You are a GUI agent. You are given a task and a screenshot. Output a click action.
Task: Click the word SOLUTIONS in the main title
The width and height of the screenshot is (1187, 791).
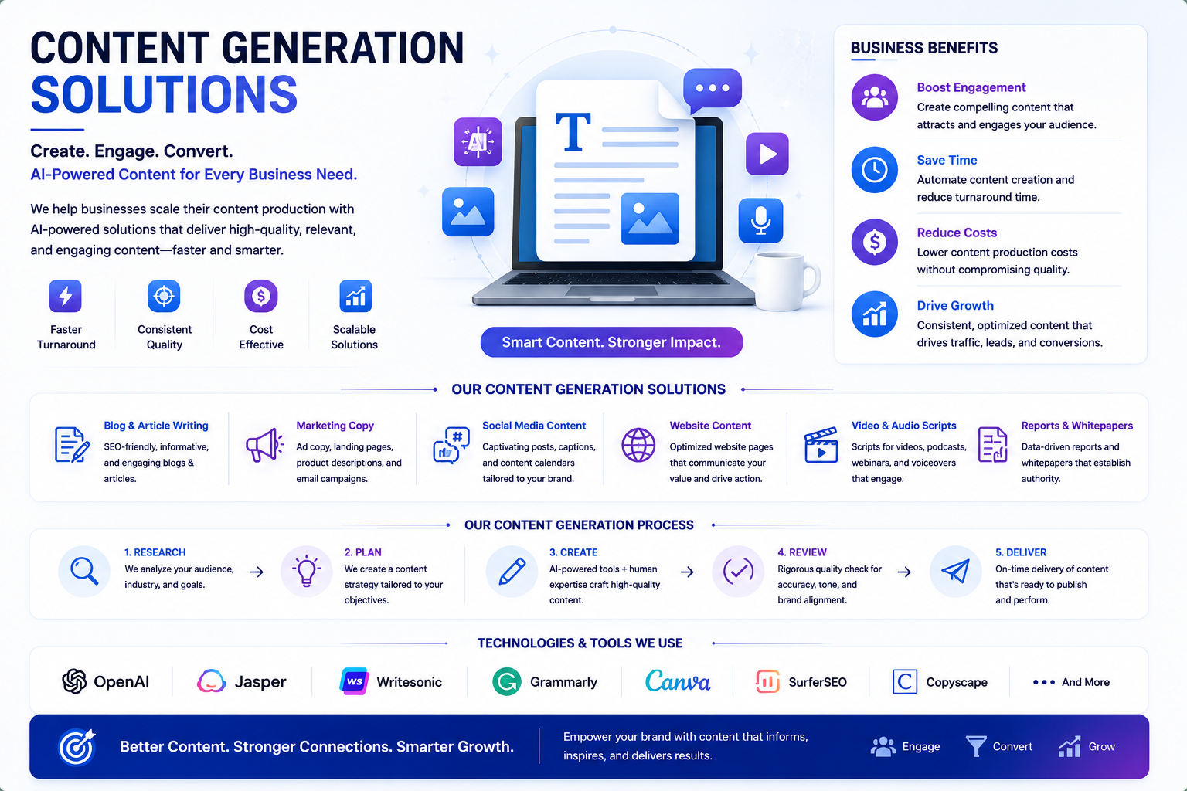pyautogui.click(x=164, y=95)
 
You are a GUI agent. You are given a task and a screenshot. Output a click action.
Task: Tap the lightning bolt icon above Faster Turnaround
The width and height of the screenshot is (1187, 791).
pyautogui.click(x=65, y=296)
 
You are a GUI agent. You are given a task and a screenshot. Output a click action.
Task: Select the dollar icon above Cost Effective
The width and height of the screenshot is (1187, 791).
pyautogui.click(x=260, y=296)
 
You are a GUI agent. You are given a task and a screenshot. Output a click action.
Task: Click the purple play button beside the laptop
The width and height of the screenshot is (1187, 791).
pyautogui.click(x=767, y=154)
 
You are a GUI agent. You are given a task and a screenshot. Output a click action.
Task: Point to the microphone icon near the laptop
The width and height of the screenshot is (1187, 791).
pyautogui.click(x=760, y=220)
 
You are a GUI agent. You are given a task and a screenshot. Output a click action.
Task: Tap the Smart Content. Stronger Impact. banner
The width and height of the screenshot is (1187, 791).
pyautogui.click(x=611, y=342)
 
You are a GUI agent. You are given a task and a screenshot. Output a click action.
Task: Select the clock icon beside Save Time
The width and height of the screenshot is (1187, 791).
pyautogui.click(x=874, y=170)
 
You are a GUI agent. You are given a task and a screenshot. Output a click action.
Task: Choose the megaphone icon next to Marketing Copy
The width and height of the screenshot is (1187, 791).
pyautogui.click(x=264, y=444)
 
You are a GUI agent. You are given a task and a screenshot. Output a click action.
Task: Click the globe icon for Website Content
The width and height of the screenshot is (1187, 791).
pyautogui.click(x=638, y=445)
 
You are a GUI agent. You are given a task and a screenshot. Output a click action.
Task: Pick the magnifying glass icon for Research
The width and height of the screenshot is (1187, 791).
pyautogui.click(x=84, y=571)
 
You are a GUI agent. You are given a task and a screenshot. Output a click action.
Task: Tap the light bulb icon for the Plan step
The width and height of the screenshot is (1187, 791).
pyautogui.click(x=306, y=571)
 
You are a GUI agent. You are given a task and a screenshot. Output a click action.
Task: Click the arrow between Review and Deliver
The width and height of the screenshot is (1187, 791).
pyautogui.click(x=904, y=572)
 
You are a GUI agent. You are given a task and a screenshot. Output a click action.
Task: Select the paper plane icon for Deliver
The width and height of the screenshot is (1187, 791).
pyautogui.click(x=955, y=571)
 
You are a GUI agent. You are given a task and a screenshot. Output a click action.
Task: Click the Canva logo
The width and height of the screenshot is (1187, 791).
pyautogui.click(x=677, y=681)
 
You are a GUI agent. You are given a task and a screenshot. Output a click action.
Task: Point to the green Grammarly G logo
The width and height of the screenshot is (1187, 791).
pyautogui.click(x=507, y=681)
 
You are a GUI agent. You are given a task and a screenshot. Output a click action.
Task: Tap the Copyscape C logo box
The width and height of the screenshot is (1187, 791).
pyautogui.click(x=905, y=681)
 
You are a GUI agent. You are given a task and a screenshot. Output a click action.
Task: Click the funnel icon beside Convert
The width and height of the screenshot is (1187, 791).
pyautogui.click(x=975, y=746)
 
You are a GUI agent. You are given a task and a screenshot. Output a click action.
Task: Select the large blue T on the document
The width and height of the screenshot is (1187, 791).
pyautogui.click(x=573, y=131)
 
